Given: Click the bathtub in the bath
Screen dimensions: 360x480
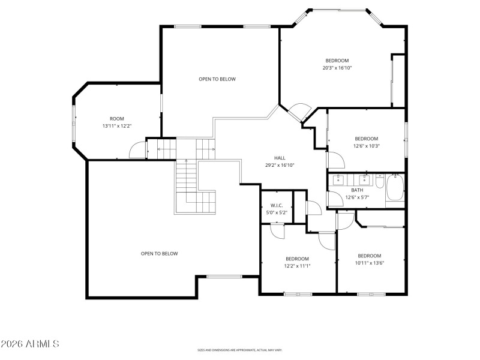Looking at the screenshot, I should (395, 188).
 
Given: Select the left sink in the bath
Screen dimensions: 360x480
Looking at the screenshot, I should (338, 178).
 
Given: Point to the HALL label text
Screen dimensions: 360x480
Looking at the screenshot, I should (280, 158).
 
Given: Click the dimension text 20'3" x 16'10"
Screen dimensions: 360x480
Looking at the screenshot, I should (337, 68).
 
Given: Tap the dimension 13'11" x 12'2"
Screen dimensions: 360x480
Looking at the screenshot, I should (116, 126).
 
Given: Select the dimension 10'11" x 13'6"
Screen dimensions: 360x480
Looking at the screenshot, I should (370, 262).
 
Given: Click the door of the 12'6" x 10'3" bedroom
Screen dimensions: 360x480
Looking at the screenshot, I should (335, 160).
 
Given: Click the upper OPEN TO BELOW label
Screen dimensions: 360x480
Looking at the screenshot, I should (217, 79).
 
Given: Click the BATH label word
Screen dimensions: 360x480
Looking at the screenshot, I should (357, 190).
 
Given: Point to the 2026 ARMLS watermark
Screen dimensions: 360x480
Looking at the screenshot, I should (30, 344).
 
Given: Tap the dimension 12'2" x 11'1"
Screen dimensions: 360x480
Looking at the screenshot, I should (298, 266).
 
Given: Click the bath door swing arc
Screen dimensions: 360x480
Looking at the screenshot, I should (334, 199).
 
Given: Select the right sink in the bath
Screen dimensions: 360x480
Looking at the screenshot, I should (363, 178).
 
